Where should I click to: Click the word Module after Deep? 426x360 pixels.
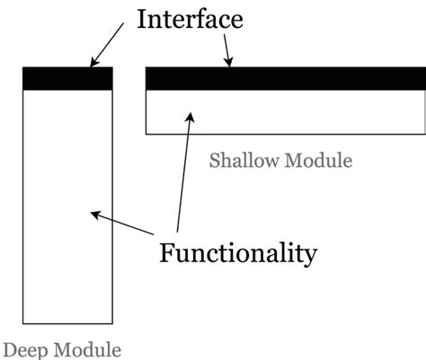point(86,348)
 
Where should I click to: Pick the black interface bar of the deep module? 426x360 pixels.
point(67,79)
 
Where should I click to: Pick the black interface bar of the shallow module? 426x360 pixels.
point(286,79)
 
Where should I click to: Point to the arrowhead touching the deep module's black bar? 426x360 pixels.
point(92,63)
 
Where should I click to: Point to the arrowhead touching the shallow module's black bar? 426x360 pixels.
point(230,62)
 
